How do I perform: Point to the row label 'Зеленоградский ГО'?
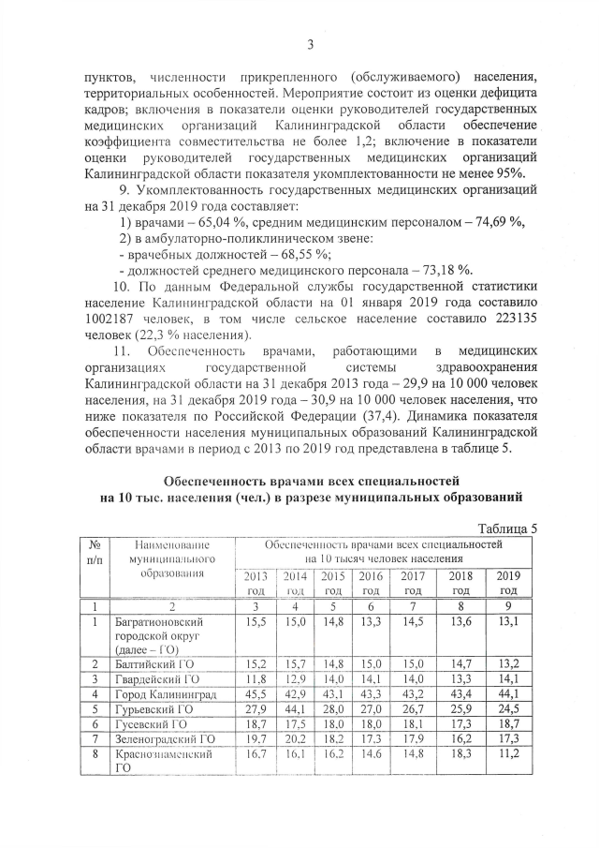(x=165, y=741)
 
